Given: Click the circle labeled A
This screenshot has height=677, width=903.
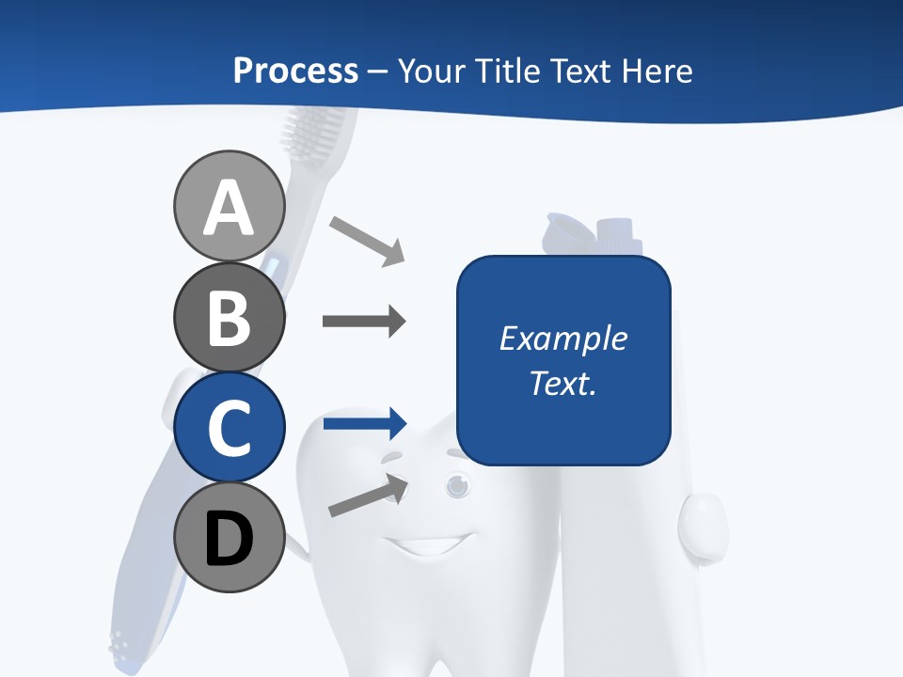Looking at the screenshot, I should (x=229, y=206).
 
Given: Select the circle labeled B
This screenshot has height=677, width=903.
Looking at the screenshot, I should (x=229, y=317).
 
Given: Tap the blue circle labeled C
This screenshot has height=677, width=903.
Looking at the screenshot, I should (x=229, y=427).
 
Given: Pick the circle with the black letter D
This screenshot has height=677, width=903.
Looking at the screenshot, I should (x=229, y=537).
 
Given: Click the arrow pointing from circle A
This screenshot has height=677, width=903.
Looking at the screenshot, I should (x=367, y=240).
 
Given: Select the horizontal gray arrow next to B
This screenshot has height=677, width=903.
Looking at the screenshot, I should (x=364, y=322).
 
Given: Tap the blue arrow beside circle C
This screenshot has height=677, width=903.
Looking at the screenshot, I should (x=364, y=423).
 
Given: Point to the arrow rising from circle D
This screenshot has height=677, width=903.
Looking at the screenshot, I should (x=368, y=496).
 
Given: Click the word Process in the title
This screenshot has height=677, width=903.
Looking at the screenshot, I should (x=295, y=71).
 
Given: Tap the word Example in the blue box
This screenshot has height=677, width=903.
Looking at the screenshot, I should (x=562, y=338).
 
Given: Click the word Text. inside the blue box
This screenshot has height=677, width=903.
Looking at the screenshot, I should (x=562, y=383).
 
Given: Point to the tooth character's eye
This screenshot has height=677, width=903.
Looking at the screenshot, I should (x=457, y=484).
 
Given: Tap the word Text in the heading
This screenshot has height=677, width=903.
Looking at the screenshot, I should (x=576, y=71).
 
